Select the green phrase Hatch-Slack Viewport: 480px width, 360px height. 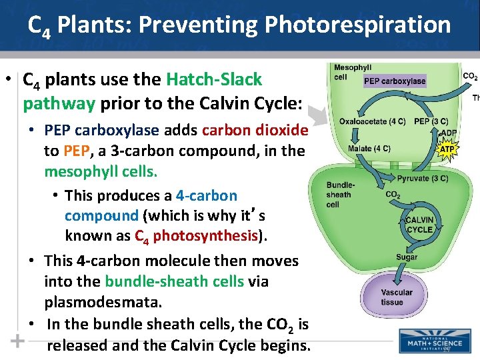[x=214, y=80]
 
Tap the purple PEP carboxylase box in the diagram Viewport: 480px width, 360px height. [x=395, y=81]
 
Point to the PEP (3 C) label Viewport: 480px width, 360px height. [x=431, y=121]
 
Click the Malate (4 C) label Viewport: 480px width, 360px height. [x=369, y=148]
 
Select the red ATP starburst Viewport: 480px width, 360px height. [x=447, y=149]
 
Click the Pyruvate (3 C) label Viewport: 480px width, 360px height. [x=422, y=179]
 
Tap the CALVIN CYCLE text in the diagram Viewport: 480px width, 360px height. [x=419, y=225]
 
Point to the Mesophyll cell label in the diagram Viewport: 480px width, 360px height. [x=353, y=72]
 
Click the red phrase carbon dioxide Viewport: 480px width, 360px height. [x=255, y=130]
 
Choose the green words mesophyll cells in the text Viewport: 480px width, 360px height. [x=101, y=172]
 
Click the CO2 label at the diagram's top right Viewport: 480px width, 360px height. [x=470, y=77]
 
